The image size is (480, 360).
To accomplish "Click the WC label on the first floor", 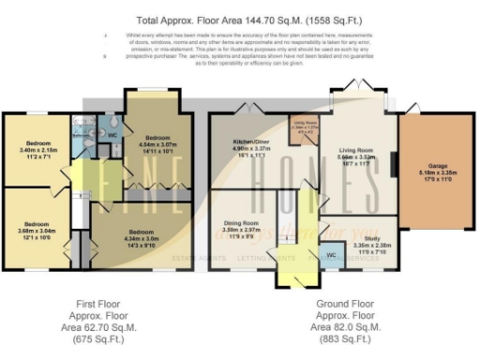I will point(112,133).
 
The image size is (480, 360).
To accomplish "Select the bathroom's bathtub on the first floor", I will point(83,126).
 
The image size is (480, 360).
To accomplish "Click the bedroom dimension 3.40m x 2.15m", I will point(38,150).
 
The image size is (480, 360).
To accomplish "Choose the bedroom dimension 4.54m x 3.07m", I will point(158,143).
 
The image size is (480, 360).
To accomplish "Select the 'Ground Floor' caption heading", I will point(346,304).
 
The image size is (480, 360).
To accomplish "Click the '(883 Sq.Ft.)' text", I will point(346,339).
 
